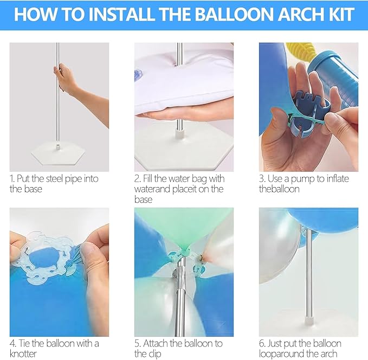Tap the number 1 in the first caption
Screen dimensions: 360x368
[12, 179]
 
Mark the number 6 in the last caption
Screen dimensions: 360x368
[262, 344]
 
